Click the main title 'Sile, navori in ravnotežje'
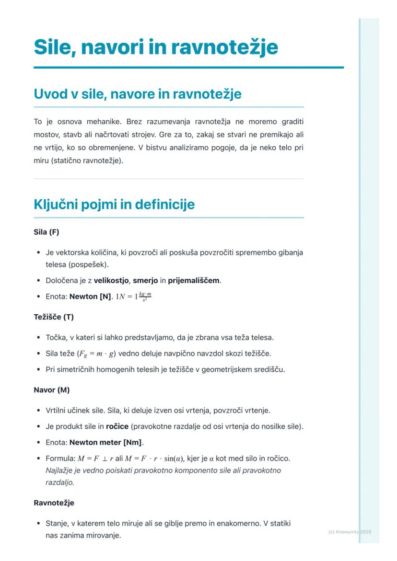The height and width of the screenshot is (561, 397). pos(156,47)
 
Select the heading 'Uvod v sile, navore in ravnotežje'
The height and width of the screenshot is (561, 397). pos(137,94)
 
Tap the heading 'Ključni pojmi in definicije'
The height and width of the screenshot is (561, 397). pos(114,205)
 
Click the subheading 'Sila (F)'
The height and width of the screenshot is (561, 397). pos(46,232)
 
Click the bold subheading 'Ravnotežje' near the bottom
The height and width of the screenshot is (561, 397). pos(54,503)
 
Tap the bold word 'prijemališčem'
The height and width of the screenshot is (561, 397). pos(193,280)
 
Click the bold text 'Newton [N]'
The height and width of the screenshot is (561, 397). pos(90,297)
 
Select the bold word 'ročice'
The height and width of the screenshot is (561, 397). pos(117,426)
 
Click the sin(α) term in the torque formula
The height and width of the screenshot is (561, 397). pos(170,458)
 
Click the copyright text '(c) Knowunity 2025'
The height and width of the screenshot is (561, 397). pos(350,532)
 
